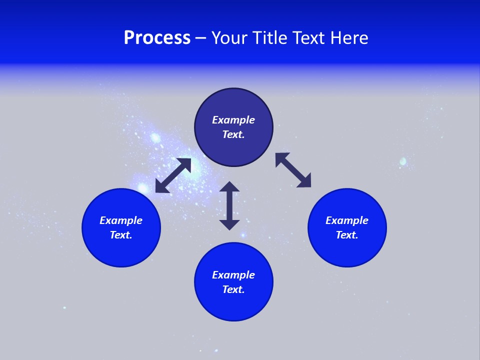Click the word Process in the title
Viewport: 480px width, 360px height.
(157, 38)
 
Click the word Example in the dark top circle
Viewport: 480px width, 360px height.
(233, 120)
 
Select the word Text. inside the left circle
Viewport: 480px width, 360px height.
(121, 235)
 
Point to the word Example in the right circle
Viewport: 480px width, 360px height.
(347, 220)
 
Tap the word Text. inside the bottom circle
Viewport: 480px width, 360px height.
(233, 289)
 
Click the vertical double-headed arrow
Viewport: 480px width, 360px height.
(229, 205)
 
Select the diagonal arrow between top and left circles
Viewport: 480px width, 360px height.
(173, 175)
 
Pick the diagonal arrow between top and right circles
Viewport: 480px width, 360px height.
(293, 170)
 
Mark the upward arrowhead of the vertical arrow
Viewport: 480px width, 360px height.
(229, 187)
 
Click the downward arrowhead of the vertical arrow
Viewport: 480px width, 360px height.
(229, 224)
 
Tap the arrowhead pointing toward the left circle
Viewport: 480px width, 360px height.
(161, 187)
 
